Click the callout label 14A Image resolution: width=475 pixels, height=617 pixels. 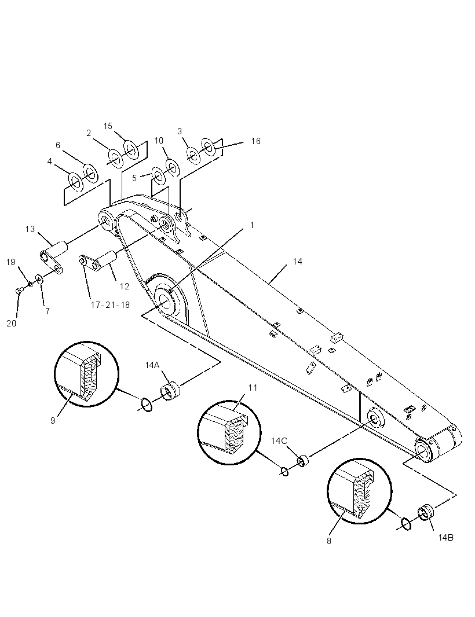pos(152,365)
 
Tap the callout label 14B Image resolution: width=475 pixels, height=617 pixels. pos(446,537)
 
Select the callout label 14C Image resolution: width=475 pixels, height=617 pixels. pos(279,440)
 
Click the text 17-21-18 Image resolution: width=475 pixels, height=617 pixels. pos(110,304)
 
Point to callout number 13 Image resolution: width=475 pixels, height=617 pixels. pos(30,229)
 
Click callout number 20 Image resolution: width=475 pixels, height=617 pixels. pos(12,324)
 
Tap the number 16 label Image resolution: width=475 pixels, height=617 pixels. pos(255,141)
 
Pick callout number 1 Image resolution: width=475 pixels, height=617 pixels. pos(251,225)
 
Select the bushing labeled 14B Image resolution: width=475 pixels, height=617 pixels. pos(425,512)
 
